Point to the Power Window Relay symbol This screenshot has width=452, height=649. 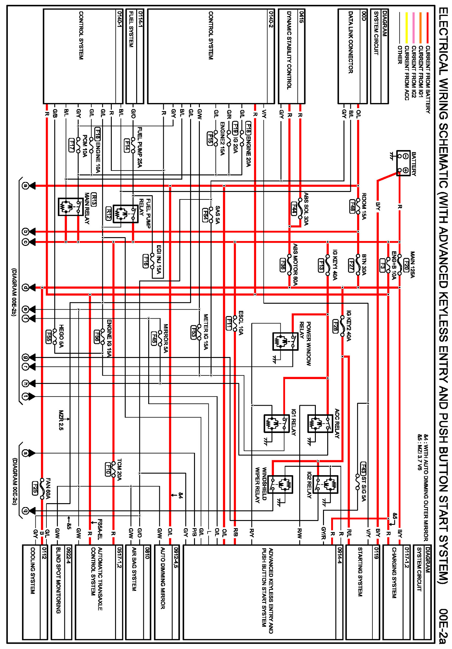tap(285, 341)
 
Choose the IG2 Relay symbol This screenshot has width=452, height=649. tap(325, 484)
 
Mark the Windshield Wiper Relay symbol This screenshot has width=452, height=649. tap(280, 484)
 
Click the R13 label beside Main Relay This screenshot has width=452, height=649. tap(94, 199)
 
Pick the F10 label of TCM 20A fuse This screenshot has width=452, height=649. tap(108, 469)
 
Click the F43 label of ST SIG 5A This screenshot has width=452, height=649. tap(363, 468)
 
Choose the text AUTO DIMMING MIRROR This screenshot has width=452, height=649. tap(162, 578)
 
